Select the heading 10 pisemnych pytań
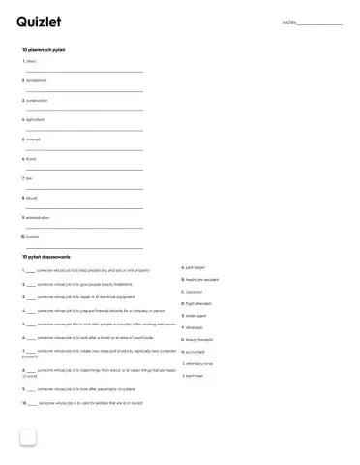[x=44, y=48]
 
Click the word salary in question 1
[x=31, y=61]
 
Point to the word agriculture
[x=36, y=119]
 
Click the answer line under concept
[x=84, y=149]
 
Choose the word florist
[x=31, y=159]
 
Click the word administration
[x=38, y=217]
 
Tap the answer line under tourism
[x=84, y=247]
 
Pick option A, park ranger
[x=195, y=266]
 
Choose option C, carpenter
[x=194, y=291]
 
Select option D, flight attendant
[x=198, y=303]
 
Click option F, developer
[x=194, y=327]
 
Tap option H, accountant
[x=195, y=352]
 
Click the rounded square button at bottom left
[x=27, y=437]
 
